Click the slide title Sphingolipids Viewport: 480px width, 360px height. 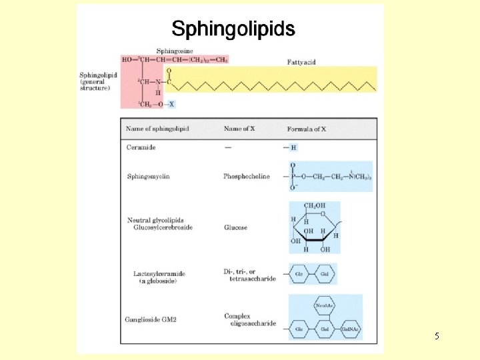tap(233, 29)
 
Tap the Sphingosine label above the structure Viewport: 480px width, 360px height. tap(175, 51)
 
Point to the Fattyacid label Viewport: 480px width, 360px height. tap(301, 62)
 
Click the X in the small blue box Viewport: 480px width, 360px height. tap(171, 104)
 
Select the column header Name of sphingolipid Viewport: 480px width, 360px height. tap(157, 129)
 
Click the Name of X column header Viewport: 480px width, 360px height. tap(239, 129)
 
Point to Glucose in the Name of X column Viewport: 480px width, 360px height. tap(235, 228)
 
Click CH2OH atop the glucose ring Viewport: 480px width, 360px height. tap(315, 207)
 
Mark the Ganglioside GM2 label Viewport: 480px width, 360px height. tap(151, 320)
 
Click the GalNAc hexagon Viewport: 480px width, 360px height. tap(351, 328)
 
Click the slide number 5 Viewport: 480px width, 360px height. tap(436, 337)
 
